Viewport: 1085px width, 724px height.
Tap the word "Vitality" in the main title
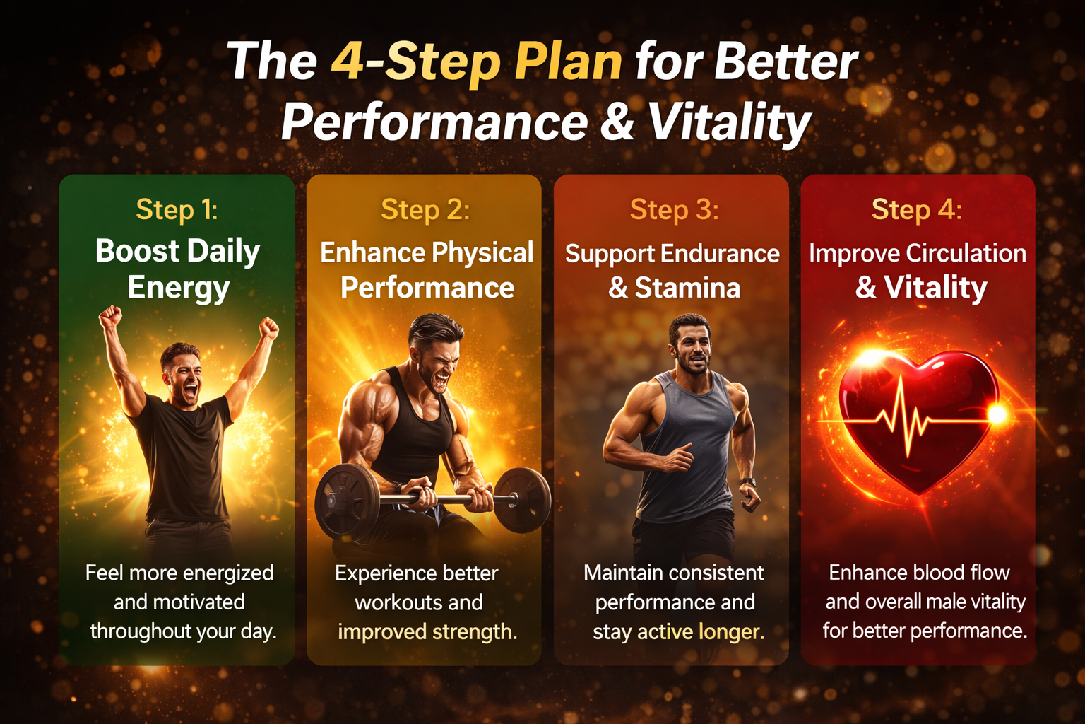(x=729, y=122)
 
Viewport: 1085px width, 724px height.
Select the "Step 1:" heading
(x=177, y=210)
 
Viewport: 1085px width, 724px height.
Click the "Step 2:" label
(x=425, y=210)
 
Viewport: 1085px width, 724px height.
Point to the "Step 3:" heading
(x=674, y=210)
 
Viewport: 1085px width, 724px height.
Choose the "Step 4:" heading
(x=916, y=210)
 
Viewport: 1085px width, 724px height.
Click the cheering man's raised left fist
(x=110, y=316)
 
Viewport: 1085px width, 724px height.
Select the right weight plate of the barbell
(x=523, y=499)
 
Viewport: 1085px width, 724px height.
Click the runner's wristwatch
(x=748, y=482)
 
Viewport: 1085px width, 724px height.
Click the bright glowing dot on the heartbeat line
(x=997, y=414)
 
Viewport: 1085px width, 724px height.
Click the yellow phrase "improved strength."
(x=427, y=631)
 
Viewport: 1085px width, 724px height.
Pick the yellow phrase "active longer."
(x=701, y=631)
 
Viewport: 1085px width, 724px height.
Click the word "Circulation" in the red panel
(x=966, y=253)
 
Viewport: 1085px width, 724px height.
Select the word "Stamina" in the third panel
(x=687, y=288)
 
